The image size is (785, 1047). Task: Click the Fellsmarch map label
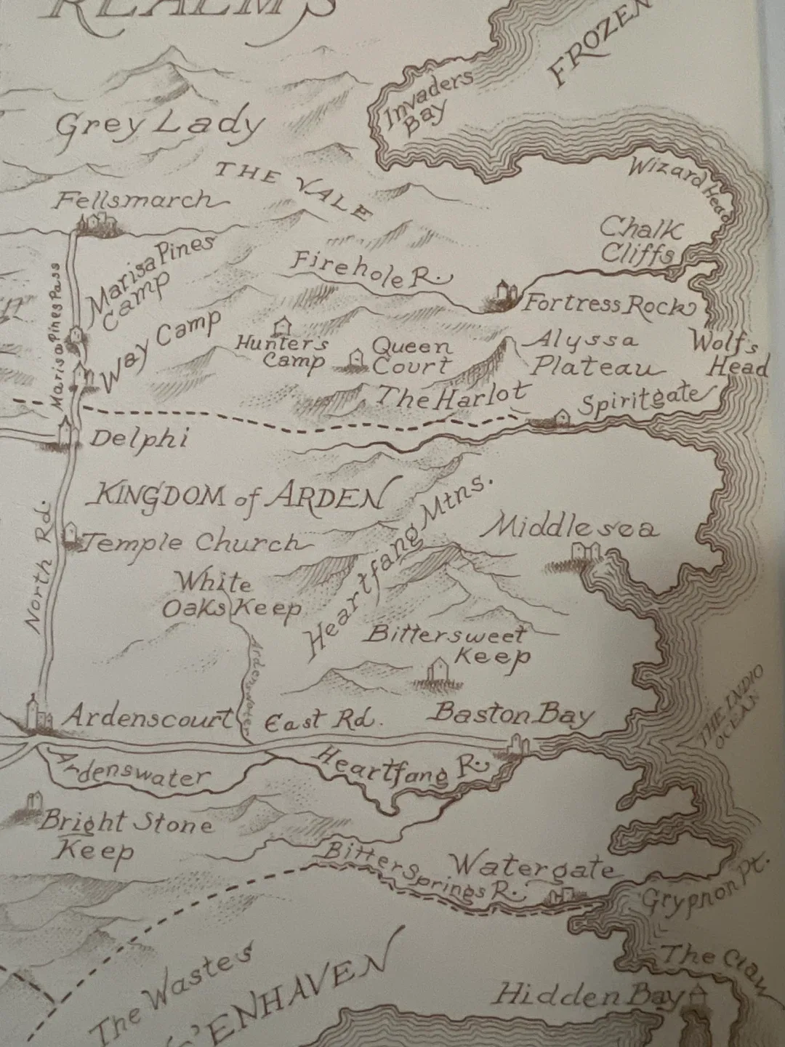(x=134, y=199)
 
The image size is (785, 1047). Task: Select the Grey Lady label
(x=158, y=125)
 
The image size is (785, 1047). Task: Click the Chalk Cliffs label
(x=639, y=241)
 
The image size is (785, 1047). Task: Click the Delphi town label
(x=139, y=438)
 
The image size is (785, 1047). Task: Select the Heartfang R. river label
(x=399, y=767)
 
